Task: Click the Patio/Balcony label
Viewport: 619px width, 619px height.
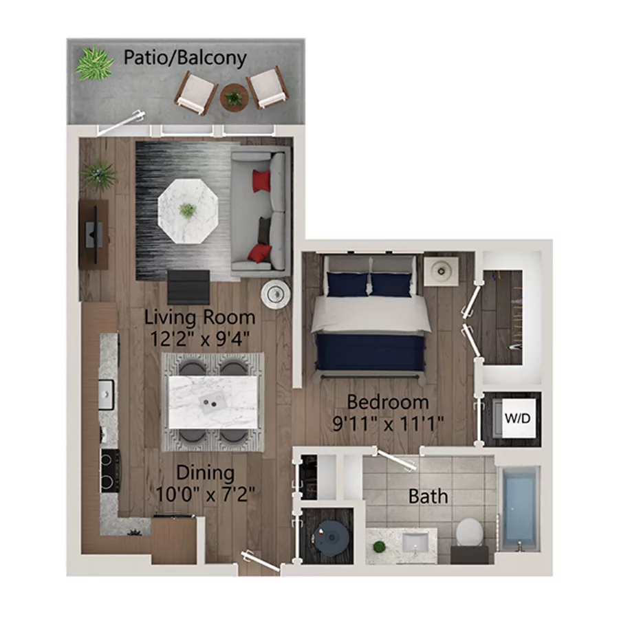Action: point(184,58)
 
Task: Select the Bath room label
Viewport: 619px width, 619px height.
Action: point(428,496)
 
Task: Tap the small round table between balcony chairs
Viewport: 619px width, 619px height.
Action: point(234,98)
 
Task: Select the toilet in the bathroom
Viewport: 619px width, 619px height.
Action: point(469,532)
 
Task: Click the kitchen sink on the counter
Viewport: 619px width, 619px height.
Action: point(108,394)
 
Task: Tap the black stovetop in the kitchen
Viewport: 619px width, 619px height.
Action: point(109,470)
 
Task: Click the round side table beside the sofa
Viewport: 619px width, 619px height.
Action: point(275,294)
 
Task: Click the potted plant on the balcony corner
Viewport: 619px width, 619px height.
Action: point(94,63)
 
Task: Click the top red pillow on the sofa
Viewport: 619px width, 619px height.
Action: point(261,181)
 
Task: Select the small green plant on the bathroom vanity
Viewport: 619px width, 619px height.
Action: point(378,547)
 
